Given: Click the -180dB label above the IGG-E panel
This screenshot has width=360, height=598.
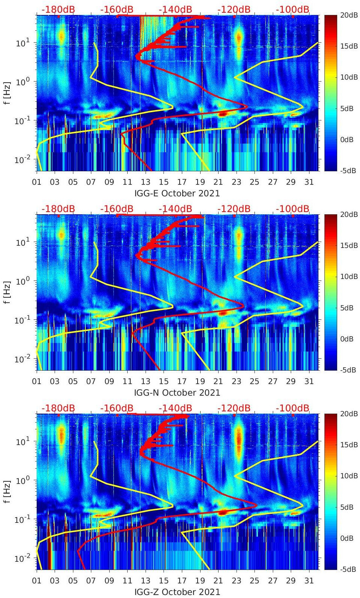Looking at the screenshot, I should click(x=58, y=9).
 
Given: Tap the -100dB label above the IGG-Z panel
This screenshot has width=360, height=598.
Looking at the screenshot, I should click(x=293, y=408).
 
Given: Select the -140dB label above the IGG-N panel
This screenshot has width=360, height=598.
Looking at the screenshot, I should click(x=175, y=209).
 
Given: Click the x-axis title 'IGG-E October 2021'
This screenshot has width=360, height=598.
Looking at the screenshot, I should click(x=177, y=193).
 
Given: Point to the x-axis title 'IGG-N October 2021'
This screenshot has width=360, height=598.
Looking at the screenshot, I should click(x=177, y=393).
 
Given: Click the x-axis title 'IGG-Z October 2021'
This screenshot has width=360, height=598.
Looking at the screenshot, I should click(x=177, y=592).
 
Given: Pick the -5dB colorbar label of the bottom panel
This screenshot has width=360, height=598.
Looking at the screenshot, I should click(x=348, y=569).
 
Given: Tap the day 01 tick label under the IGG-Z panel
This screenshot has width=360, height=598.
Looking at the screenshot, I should click(x=37, y=581).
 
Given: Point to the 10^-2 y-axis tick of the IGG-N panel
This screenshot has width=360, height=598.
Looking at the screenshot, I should click(x=22, y=359).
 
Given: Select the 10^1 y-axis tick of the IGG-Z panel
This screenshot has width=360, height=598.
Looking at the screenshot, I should click(x=23, y=441).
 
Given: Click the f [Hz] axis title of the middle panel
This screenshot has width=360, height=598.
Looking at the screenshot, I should click(x=7, y=292).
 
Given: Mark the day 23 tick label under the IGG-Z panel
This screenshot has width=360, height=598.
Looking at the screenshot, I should click(x=236, y=581).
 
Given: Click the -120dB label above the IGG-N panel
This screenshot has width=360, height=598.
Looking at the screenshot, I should click(x=234, y=209).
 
